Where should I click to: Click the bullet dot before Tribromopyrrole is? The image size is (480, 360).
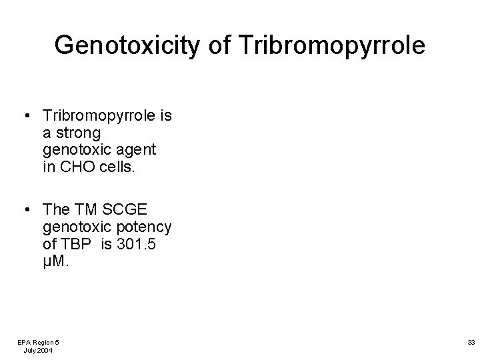click(24, 117)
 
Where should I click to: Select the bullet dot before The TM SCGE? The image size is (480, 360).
click(24, 211)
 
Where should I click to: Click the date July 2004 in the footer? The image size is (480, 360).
click(38, 350)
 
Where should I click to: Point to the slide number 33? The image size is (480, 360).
click(471, 341)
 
